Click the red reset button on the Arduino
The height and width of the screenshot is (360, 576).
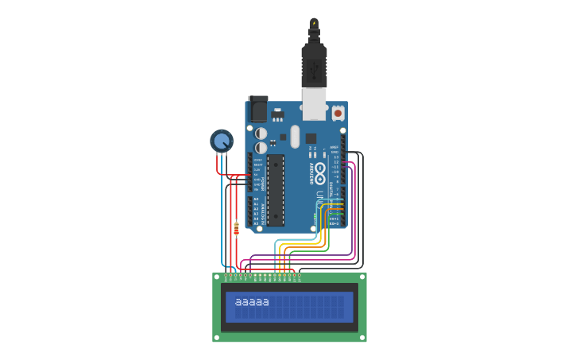coord(338,113)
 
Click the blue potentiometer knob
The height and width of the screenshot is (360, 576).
coord(222,141)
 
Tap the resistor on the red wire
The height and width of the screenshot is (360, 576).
coord(236,229)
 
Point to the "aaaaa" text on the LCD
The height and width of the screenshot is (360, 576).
coord(253,302)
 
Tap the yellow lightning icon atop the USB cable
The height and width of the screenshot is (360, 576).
coord(314,23)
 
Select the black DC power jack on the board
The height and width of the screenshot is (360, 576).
coord(258,108)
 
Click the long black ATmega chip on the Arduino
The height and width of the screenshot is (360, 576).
coord(276,190)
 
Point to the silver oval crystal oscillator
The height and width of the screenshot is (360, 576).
coord(295,136)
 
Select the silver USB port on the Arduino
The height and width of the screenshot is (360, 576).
coord(315,103)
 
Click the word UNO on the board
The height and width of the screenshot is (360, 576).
coord(320,196)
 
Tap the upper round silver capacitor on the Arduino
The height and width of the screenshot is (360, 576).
coord(261,134)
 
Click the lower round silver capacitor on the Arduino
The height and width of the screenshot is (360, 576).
coord(261,148)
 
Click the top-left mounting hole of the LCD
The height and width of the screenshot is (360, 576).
coord(217,277)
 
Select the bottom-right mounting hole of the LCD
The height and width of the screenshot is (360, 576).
coord(362,338)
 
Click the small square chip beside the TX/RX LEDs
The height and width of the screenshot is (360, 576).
coord(311,138)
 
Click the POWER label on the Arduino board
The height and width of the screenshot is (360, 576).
coord(263,183)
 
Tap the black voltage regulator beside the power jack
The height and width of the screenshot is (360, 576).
coord(277,114)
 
